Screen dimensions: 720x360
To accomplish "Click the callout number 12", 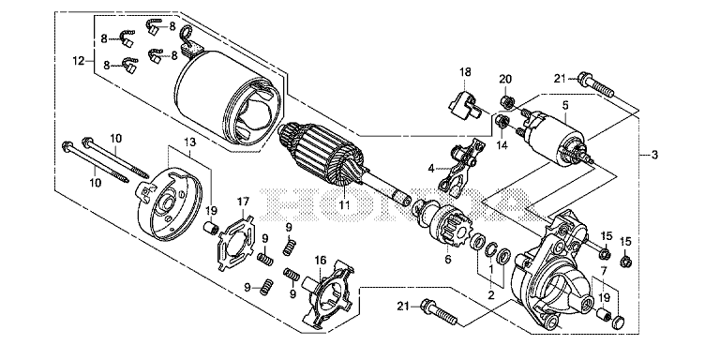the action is (79, 60).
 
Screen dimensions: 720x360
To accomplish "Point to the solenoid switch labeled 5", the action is (554, 136).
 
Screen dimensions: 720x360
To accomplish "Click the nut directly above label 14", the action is (502, 122).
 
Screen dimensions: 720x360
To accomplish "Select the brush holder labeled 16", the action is (327, 293).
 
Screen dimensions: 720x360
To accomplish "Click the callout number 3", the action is (653, 155).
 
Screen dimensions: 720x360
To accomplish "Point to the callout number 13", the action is (190, 142).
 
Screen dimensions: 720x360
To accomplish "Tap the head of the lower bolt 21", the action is (427, 305).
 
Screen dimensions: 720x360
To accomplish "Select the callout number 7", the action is (604, 270).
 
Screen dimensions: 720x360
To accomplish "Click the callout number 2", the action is (491, 294).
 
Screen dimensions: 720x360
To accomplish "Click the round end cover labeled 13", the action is (171, 204).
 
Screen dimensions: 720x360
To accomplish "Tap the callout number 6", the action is (448, 259).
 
